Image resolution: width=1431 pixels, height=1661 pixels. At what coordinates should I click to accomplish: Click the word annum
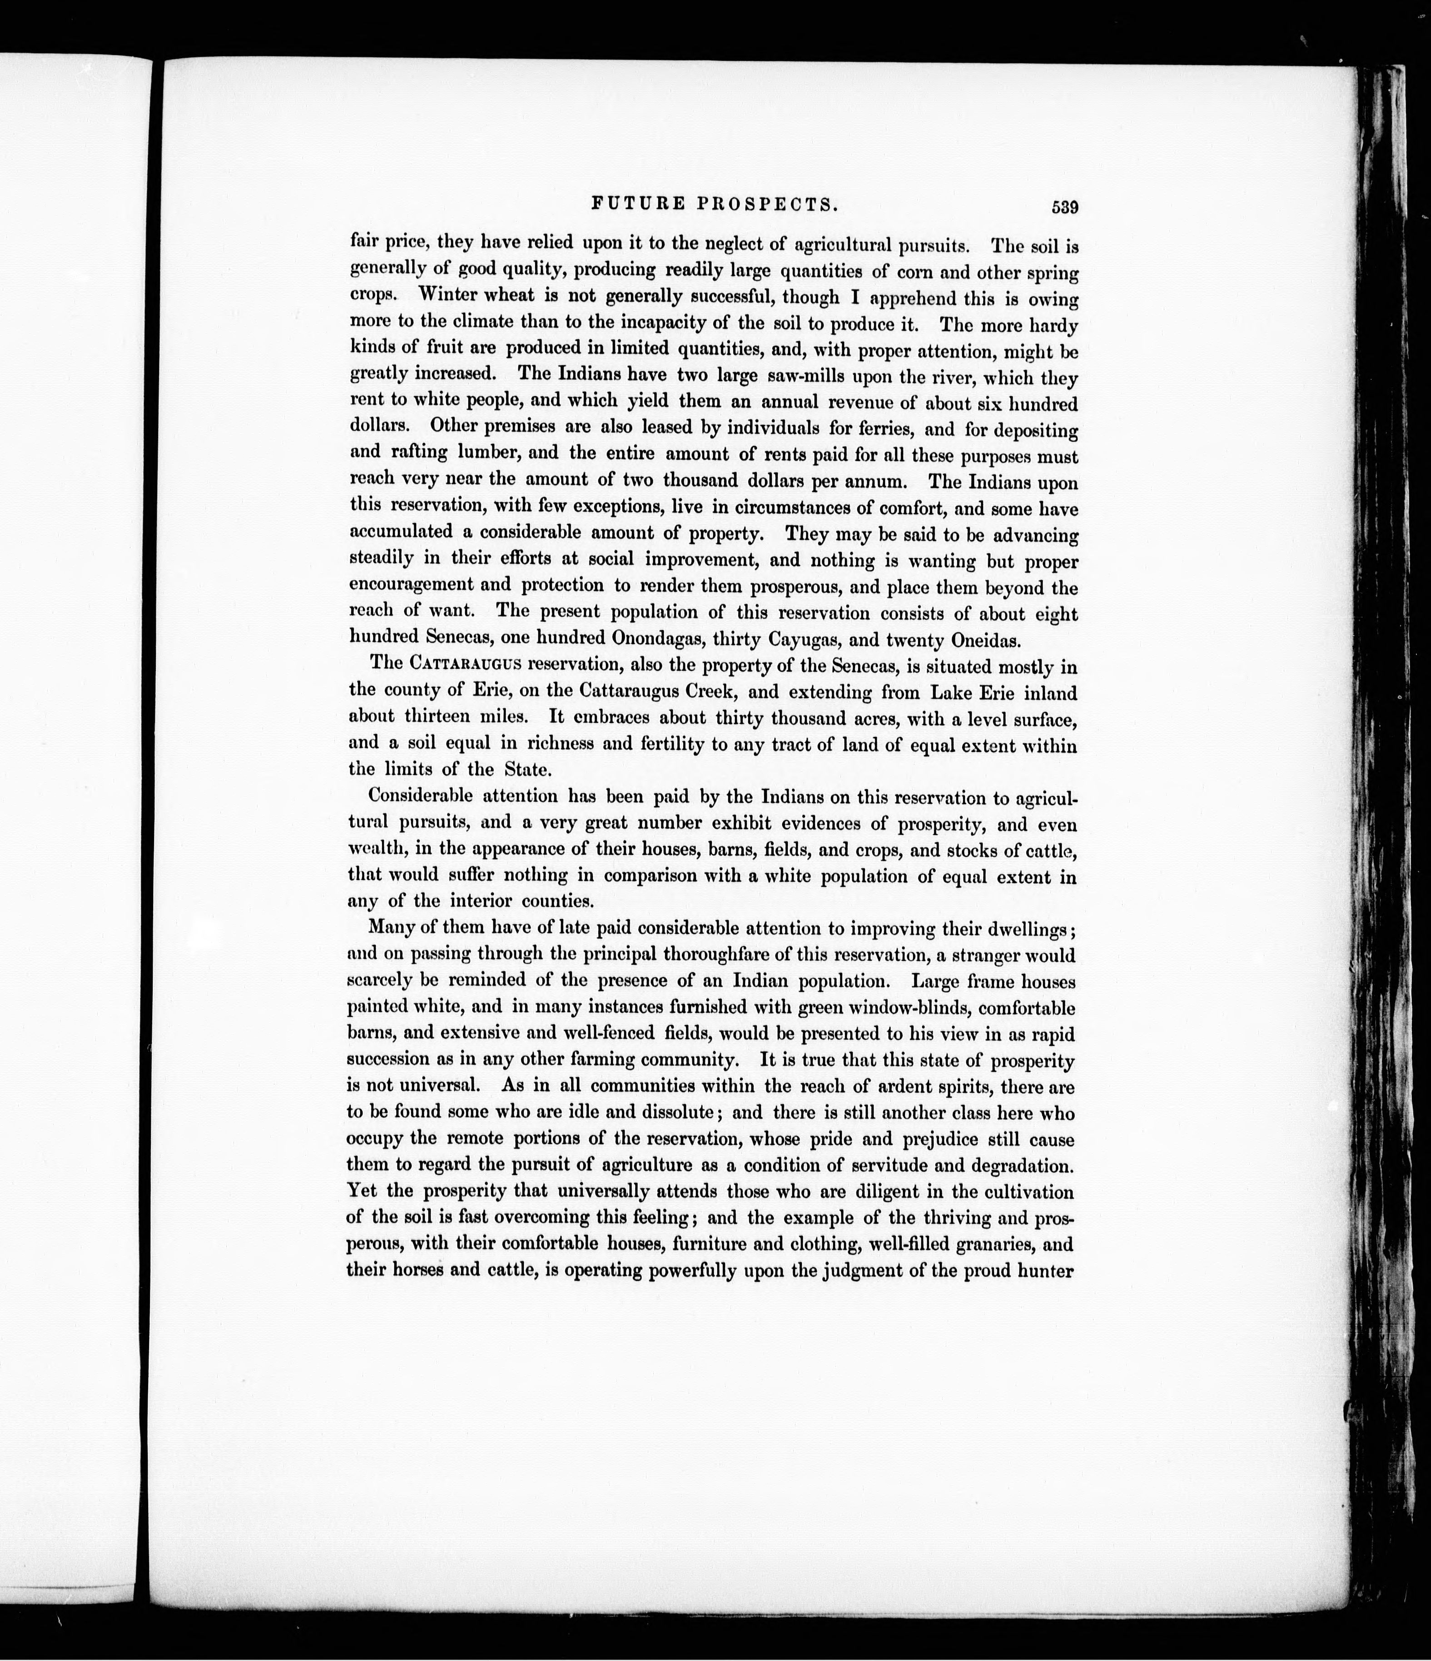click(877, 482)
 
